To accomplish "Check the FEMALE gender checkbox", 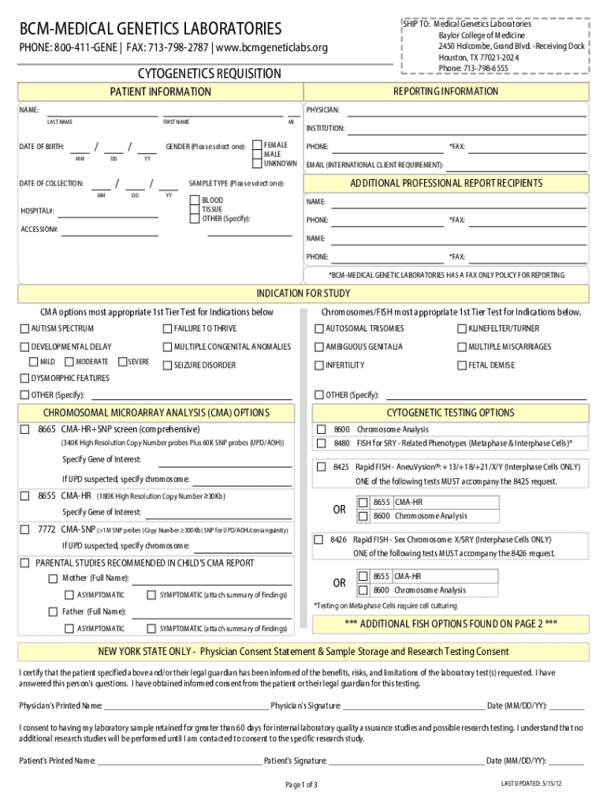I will click(257, 146).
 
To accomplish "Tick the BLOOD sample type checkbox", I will click(195, 201).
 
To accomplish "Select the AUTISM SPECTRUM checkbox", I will click(24, 328).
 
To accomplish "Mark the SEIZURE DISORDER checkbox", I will click(167, 365).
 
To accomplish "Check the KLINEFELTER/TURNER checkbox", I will click(462, 328).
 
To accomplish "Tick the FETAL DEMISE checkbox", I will click(462, 365).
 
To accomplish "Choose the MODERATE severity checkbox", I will click(69, 362).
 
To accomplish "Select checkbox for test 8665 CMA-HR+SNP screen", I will click(24, 429).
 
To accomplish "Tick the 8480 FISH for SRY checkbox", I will click(321, 443).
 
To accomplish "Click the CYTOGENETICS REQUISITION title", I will click(209, 73).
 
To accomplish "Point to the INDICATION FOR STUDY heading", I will click(303, 294).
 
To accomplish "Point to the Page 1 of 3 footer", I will click(301, 784).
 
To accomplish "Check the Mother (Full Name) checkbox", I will click(53, 578).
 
